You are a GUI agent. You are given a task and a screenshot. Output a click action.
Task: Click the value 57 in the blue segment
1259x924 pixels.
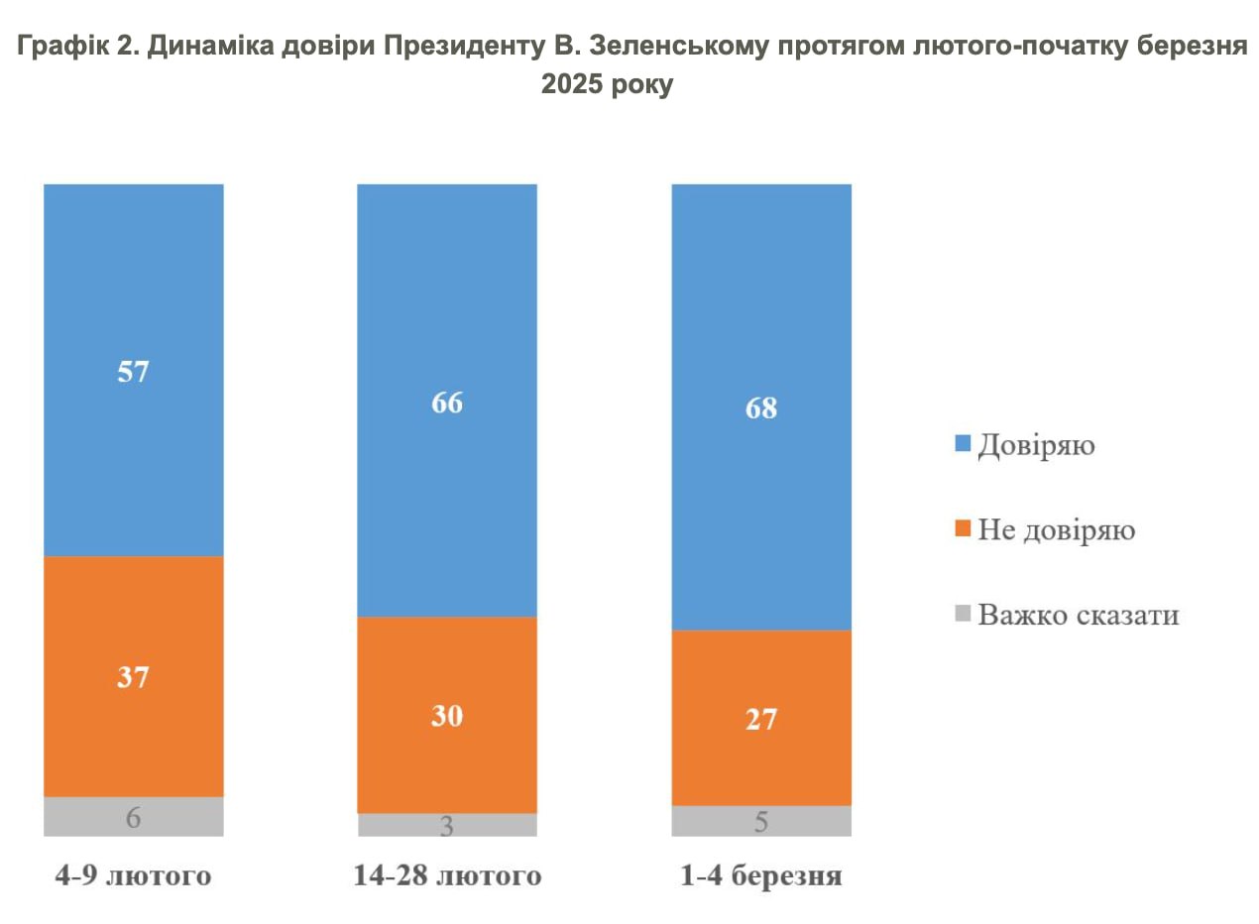coord(133,373)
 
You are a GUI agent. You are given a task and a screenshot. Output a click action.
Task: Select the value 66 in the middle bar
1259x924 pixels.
coord(447,404)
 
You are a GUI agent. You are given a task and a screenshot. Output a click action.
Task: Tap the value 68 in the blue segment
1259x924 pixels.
coord(761,408)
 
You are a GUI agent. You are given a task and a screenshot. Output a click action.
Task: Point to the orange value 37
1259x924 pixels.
coord(133,677)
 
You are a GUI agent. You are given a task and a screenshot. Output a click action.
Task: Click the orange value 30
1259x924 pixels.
coord(447,716)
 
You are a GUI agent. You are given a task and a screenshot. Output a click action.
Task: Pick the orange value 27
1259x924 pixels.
coord(761,719)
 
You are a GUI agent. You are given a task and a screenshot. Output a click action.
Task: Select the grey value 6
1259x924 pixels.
coord(133,818)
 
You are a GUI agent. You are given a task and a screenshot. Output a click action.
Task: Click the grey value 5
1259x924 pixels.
coord(761,822)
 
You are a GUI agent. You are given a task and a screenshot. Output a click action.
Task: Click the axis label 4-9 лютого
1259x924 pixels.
coord(133,876)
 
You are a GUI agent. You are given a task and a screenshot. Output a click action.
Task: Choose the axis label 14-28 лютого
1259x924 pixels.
coord(447,876)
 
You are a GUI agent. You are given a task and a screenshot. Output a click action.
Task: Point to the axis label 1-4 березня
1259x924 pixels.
coord(761,876)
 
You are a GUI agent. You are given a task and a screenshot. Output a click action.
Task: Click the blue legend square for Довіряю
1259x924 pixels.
coord(963,445)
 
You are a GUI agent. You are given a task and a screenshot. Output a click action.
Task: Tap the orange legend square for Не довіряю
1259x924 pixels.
coord(963,530)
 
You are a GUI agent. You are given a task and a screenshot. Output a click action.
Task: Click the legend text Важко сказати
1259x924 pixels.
coord(1079,615)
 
